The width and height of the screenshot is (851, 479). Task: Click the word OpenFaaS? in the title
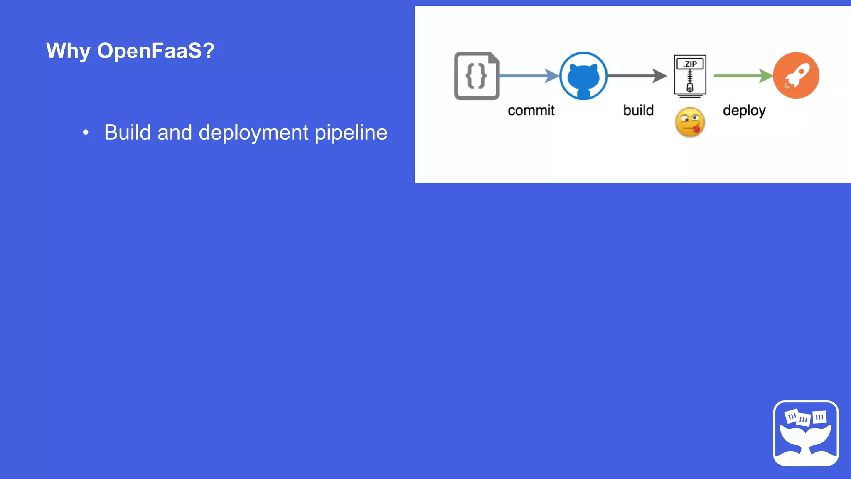tap(156, 51)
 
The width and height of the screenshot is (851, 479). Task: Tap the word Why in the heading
tap(68, 51)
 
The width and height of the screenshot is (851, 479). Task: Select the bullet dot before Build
tap(86, 133)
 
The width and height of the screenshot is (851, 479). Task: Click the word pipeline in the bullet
tap(351, 133)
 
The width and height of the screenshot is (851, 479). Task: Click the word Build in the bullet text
tap(128, 133)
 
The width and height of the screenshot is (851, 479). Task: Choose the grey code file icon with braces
tap(477, 76)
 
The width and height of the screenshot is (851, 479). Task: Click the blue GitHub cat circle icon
tap(583, 76)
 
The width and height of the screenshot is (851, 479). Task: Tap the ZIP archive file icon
tap(690, 77)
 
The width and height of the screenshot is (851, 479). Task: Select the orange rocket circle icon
tap(796, 75)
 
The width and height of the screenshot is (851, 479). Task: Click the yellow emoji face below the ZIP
tap(690, 123)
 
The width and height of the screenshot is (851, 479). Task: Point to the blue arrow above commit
tap(529, 76)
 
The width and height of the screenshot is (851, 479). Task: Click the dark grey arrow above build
tap(637, 76)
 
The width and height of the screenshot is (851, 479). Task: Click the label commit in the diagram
tap(531, 111)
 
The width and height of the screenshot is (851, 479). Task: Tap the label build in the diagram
tap(638, 111)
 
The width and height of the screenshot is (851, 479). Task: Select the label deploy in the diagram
tap(744, 111)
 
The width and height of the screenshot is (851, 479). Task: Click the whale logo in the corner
tap(806, 433)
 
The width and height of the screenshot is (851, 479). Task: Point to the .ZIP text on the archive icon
tap(690, 64)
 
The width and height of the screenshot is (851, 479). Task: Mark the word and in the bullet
tap(175, 133)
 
